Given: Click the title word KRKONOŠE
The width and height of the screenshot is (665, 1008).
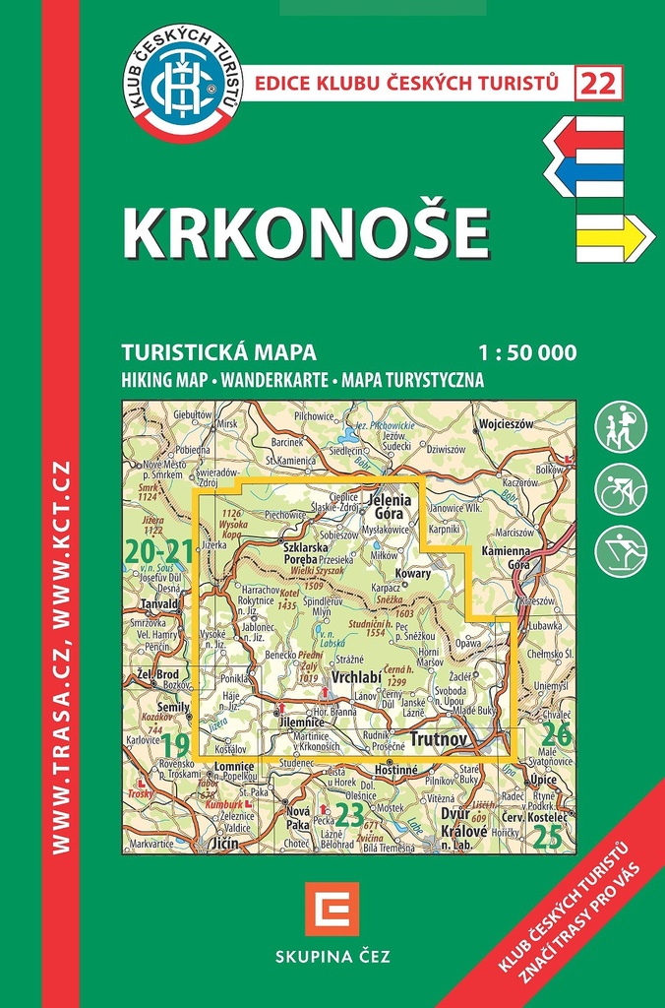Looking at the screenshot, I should (x=305, y=233).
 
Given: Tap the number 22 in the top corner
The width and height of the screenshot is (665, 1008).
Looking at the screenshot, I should (x=599, y=84).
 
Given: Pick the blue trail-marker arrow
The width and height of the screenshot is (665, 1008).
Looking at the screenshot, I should (x=584, y=173).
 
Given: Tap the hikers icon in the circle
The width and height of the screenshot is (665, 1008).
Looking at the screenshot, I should (x=621, y=427).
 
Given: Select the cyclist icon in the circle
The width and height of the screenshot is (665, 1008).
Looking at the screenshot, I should (x=621, y=489).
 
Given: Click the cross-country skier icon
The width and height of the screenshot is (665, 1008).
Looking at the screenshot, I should (x=621, y=551).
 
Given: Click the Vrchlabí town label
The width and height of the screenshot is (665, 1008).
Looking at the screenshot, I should (x=358, y=679).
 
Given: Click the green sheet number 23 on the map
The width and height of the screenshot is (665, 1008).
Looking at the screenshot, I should (x=349, y=813).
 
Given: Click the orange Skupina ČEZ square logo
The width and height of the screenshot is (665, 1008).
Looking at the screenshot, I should (x=332, y=909).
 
